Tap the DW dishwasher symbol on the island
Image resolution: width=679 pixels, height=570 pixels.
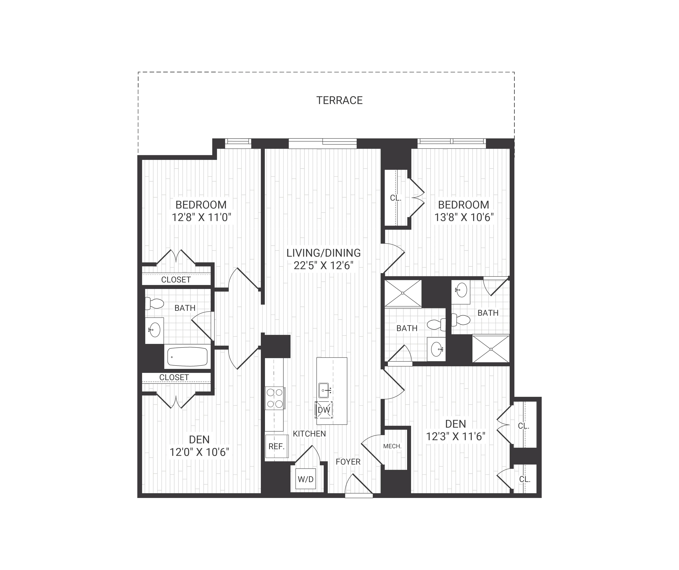pos(324,410)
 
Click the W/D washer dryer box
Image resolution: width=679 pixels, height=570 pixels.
pos(305,479)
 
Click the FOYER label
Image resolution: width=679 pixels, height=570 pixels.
pos(348,462)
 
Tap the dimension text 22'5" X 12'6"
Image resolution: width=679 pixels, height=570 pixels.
pos(323,266)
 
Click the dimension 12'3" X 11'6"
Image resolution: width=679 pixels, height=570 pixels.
pos(456,437)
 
